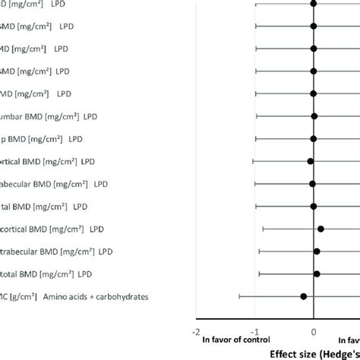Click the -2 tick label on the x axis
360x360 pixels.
[197, 332]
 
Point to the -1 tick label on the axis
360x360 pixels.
[254, 332]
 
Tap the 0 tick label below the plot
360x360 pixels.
[314, 332]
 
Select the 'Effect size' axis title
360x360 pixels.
[304, 353]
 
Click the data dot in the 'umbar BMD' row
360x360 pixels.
[314, 116]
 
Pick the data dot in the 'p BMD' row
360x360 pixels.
[313, 139]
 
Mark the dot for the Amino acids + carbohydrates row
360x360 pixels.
[303, 296]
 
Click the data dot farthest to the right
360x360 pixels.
[321, 229]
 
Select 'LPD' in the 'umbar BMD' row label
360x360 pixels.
[111, 116]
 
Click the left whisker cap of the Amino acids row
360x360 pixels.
[240, 296]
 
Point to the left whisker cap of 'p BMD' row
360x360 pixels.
[255, 139]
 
